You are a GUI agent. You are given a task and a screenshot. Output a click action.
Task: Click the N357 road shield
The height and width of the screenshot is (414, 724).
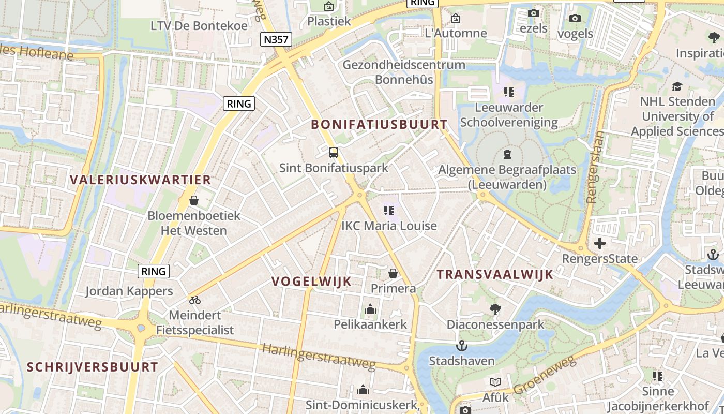pyautogui.click(x=277, y=39)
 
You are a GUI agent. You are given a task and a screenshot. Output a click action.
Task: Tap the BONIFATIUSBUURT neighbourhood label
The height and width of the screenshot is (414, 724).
pyautogui.click(x=380, y=124)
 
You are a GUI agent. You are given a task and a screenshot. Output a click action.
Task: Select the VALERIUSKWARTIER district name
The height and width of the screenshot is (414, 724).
pyautogui.click(x=141, y=180)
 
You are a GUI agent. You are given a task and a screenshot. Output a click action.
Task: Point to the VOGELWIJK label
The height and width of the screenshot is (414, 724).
pyautogui.click(x=312, y=282)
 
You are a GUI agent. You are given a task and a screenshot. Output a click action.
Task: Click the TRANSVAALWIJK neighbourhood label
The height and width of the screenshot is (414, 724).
pyautogui.click(x=495, y=274)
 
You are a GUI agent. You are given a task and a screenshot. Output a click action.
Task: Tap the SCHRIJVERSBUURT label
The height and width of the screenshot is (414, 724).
pyautogui.click(x=93, y=367)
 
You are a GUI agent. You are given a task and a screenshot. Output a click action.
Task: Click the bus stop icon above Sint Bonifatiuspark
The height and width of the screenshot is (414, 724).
pyautogui.click(x=334, y=153)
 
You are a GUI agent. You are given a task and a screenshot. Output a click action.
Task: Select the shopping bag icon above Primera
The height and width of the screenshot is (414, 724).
pyautogui.click(x=393, y=273)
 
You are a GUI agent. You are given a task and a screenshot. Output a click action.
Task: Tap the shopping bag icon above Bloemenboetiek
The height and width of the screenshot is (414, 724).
pyautogui.click(x=194, y=200)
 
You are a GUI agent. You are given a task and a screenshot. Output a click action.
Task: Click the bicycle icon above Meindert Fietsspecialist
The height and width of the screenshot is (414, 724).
pyautogui.click(x=195, y=300)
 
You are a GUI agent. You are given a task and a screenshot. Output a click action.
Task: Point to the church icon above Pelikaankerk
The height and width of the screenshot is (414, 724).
pyautogui.click(x=370, y=309)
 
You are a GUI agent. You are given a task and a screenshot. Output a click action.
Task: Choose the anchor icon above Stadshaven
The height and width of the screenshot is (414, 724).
pyautogui.click(x=461, y=346)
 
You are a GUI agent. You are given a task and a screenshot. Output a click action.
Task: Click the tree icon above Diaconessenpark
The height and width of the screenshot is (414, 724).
pyautogui.click(x=495, y=309)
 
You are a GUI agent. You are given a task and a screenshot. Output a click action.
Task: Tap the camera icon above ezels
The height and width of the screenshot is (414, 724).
pyautogui.click(x=533, y=13)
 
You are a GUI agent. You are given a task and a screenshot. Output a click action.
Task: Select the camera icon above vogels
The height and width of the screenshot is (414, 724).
pyautogui.click(x=575, y=19)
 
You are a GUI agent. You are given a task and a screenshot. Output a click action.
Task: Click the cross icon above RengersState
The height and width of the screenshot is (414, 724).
pyautogui.click(x=600, y=243)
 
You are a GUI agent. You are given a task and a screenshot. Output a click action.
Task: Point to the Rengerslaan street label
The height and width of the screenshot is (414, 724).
pyautogui.click(x=596, y=167)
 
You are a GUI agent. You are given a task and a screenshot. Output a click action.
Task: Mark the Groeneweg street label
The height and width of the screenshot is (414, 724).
pyautogui.click(x=545, y=375)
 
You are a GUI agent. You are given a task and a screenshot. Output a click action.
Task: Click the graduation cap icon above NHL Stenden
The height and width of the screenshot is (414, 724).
pyautogui.click(x=677, y=86)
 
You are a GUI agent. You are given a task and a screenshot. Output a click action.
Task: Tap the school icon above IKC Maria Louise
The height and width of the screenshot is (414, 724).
pyautogui.click(x=389, y=211)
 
